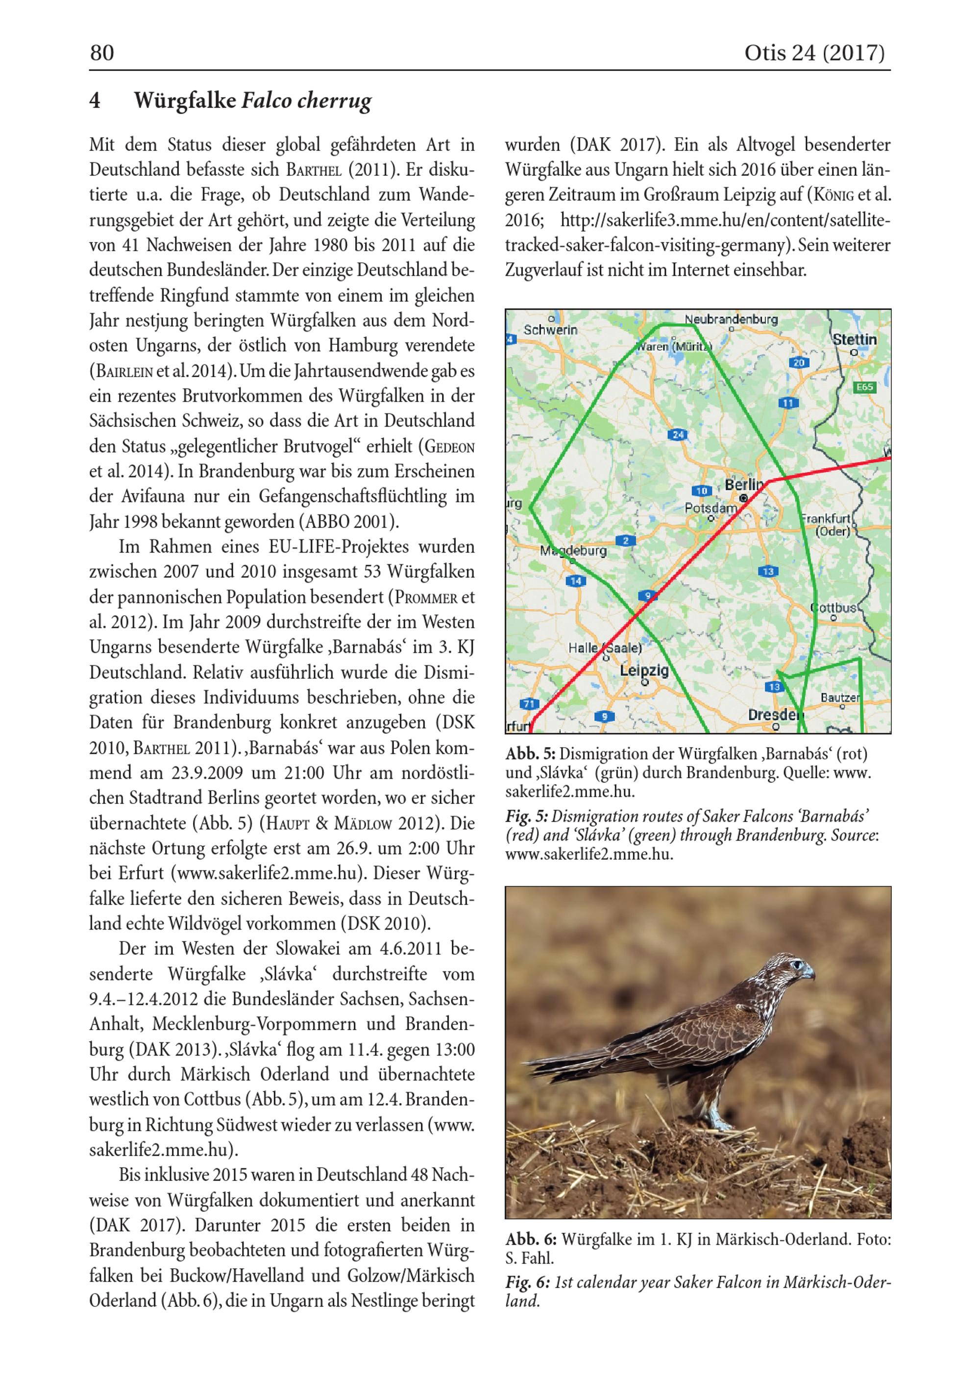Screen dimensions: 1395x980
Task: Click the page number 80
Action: (x=102, y=53)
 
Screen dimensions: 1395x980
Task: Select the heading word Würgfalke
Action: (x=185, y=100)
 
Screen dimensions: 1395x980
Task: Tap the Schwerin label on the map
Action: (x=550, y=330)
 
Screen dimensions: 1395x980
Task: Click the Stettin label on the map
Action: (x=854, y=339)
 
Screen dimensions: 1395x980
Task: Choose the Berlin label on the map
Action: (x=743, y=485)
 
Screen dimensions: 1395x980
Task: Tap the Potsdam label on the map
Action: (x=710, y=508)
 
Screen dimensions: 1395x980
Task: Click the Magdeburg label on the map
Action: (x=573, y=551)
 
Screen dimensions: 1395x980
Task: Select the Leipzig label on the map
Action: (x=644, y=671)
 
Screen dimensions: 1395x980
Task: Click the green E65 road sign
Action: (x=864, y=387)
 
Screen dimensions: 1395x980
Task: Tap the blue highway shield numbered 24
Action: (x=678, y=434)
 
